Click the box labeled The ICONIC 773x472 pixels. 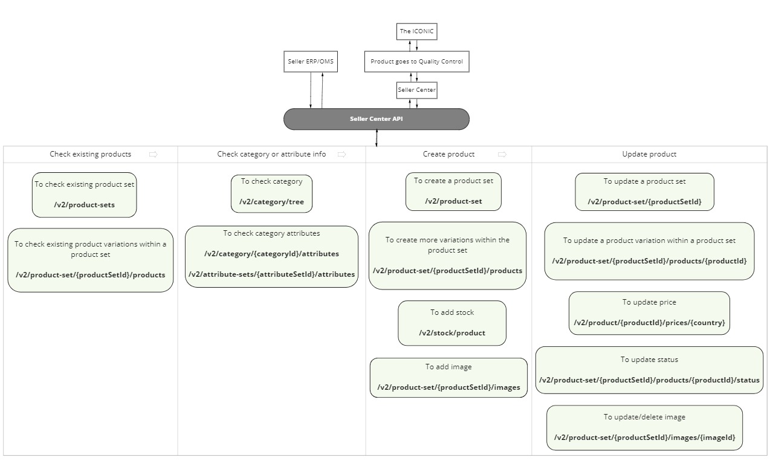click(x=416, y=31)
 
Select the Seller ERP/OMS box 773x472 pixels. click(x=311, y=62)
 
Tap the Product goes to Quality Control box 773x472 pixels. click(x=416, y=62)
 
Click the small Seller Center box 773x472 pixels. click(x=416, y=90)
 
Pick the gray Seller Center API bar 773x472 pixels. click(x=376, y=119)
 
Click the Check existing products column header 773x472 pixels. click(x=91, y=154)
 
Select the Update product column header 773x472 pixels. click(x=649, y=154)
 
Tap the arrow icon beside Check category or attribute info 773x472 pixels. click(x=342, y=154)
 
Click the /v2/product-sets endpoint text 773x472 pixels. click(x=85, y=205)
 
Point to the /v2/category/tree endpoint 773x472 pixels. click(x=271, y=202)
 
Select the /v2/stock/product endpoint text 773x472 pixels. click(x=452, y=333)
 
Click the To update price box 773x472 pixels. click(x=649, y=312)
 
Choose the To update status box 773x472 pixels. click(x=649, y=370)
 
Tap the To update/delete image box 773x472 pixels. click(x=644, y=427)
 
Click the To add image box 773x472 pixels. click(x=448, y=377)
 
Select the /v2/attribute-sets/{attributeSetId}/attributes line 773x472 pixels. click(x=271, y=274)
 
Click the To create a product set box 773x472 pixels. click(x=453, y=192)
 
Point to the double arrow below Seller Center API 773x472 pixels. click(x=377, y=138)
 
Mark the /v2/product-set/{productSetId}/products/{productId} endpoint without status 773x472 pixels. click(x=649, y=261)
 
